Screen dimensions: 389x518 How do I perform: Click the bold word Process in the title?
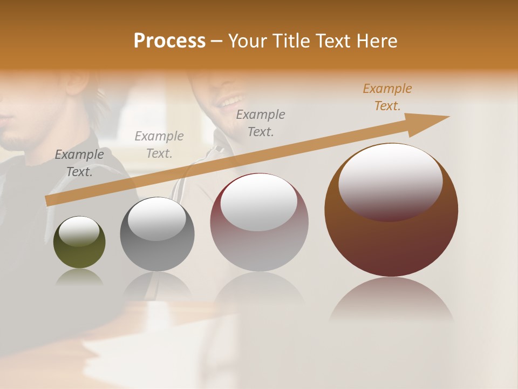click(169, 41)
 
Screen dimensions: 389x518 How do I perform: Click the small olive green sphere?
click(79, 243)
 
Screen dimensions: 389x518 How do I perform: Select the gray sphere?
click(157, 234)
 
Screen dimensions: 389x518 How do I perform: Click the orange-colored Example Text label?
click(387, 97)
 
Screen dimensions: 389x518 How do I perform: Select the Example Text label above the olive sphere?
click(79, 163)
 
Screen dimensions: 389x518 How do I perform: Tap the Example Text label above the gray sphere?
click(159, 144)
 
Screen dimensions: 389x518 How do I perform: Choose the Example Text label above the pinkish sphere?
click(261, 123)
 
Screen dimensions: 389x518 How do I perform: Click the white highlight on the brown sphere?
click(390, 181)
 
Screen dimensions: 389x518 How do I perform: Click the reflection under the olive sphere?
click(79, 277)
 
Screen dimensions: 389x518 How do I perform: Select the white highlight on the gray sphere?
click(156, 219)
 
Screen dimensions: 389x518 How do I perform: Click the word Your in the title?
click(248, 41)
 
